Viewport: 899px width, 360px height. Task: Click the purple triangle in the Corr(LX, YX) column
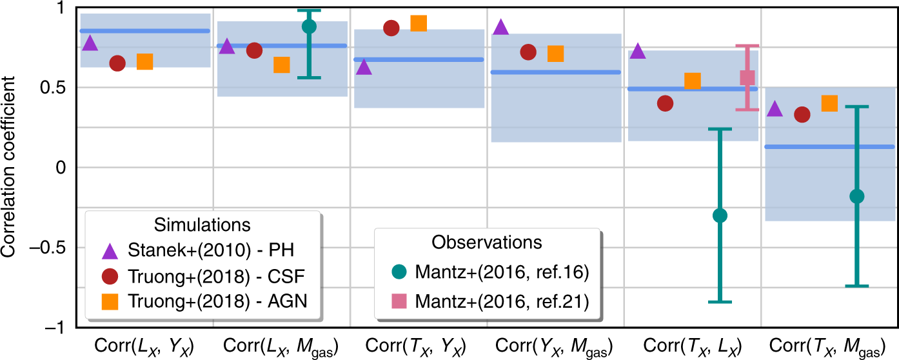tap(90, 44)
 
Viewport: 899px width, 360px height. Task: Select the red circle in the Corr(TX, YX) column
tap(391, 28)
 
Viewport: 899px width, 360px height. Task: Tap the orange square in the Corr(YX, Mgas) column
tap(555, 54)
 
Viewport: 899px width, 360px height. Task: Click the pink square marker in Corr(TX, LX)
tap(747, 77)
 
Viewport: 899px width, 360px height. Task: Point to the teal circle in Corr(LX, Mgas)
tap(310, 26)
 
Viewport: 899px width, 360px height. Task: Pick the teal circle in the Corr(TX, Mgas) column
tap(857, 196)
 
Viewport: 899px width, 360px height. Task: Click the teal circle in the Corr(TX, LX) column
tap(720, 215)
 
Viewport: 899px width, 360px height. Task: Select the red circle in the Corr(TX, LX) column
tap(665, 103)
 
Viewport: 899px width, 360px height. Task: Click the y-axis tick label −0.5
tap(52, 248)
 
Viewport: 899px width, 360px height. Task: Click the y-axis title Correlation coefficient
tap(9, 168)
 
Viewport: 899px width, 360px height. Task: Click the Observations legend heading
tap(486, 242)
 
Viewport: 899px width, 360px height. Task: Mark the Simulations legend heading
tap(203, 225)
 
